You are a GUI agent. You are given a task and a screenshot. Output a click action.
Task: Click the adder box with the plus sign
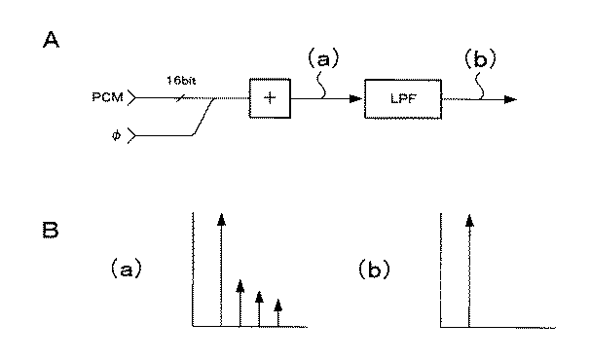(265, 98)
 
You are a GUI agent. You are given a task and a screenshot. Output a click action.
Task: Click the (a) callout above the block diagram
(324, 59)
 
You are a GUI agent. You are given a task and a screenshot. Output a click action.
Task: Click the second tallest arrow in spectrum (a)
(240, 303)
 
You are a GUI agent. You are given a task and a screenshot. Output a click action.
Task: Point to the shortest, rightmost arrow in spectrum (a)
(278, 312)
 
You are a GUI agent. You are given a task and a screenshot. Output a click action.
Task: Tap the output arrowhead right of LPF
(510, 99)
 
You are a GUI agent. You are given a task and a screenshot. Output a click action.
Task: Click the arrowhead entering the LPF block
(357, 99)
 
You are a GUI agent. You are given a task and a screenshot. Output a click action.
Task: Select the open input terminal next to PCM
(133, 98)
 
